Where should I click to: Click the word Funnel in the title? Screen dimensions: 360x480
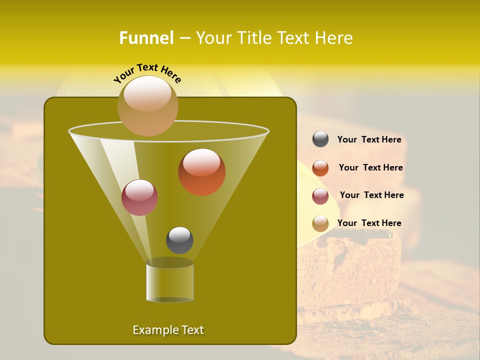click(x=146, y=38)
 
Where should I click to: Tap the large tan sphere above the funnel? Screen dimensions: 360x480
click(x=147, y=106)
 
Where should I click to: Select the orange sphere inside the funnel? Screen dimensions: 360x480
click(x=201, y=172)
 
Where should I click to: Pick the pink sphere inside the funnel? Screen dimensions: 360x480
click(x=139, y=197)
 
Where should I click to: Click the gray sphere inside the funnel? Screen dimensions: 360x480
click(x=179, y=240)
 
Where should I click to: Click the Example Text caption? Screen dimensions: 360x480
click(x=168, y=330)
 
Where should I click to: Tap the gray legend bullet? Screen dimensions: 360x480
click(x=320, y=139)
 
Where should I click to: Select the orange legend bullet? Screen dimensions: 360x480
click(x=320, y=168)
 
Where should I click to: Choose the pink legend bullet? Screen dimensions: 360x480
click(x=320, y=196)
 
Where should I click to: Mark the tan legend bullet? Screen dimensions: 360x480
click(x=320, y=223)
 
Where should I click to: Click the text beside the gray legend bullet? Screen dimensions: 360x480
click(x=369, y=140)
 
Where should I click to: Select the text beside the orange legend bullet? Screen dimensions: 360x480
click(x=370, y=168)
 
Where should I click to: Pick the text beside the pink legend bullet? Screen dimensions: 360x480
click(x=371, y=195)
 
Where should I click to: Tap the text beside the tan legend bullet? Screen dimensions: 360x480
click(x=369, y=223)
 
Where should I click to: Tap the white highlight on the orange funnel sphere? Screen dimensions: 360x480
click(x=201, y=163)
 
